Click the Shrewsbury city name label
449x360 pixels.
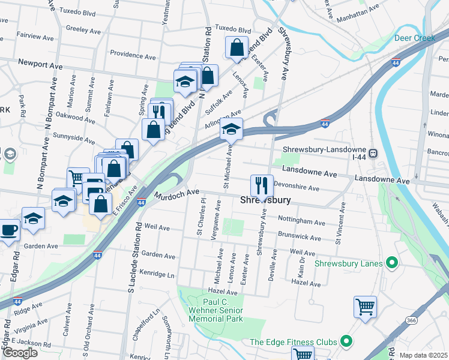coord(266,200)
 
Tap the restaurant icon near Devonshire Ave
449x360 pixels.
coord(261,185)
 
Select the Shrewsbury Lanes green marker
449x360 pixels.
coord(393,262)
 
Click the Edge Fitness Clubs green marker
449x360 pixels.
coord(346,342)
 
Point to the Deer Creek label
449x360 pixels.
coord(415,38)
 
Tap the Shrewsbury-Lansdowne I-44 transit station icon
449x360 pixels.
coord(374,152)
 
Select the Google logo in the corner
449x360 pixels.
coord(20,353)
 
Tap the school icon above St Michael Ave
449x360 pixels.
coord(231,128)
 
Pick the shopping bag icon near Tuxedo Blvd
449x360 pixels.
coord(237,47)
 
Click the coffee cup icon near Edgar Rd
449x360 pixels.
coord(8,230)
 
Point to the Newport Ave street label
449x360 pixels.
coord(41,62)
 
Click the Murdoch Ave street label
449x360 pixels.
coord(176,194)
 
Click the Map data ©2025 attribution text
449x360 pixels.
coord(423,355)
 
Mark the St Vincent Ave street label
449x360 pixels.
coord(341,223)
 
